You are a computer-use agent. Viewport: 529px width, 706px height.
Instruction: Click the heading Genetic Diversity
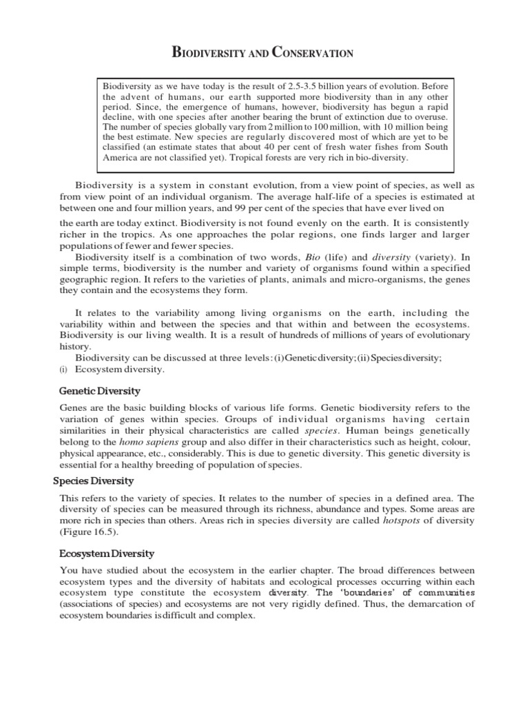[x=100, y=392]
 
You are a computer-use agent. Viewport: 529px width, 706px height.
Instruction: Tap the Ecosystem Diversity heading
[x=107, y=554]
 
